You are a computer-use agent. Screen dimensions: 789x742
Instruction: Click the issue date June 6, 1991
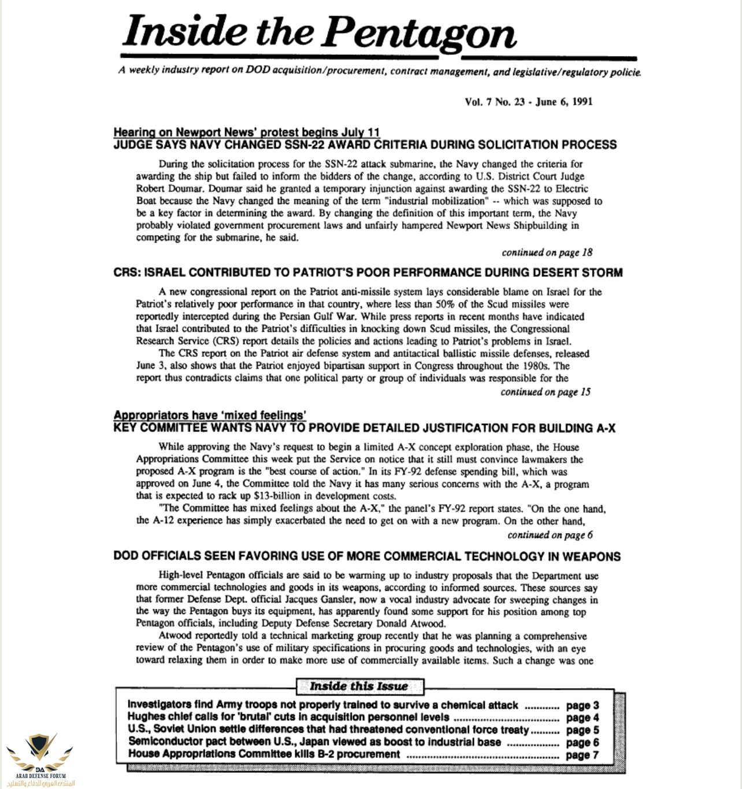point(563,102)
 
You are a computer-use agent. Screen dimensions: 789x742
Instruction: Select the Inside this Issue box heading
point(359,686)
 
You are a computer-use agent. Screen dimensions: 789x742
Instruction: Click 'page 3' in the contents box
point(583,705)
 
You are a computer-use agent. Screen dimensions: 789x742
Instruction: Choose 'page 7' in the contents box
point(583,755)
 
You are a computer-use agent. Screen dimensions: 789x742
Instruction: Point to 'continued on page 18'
point(547,252)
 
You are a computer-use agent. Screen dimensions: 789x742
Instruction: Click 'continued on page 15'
point(546,392)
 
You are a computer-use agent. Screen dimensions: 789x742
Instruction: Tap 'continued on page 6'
point(550,535)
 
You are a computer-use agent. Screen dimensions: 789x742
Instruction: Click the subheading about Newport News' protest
point(247,132)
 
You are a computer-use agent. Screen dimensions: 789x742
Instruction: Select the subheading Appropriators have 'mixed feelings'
point(210,415)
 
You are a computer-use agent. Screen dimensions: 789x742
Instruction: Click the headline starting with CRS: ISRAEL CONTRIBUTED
point(368,273)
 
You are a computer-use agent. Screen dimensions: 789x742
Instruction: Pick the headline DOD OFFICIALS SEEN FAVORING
point(367,556)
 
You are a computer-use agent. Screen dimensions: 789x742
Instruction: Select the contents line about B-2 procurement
point(264,754)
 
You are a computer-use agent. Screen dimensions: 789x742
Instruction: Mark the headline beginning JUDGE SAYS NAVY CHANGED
point(365,145)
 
